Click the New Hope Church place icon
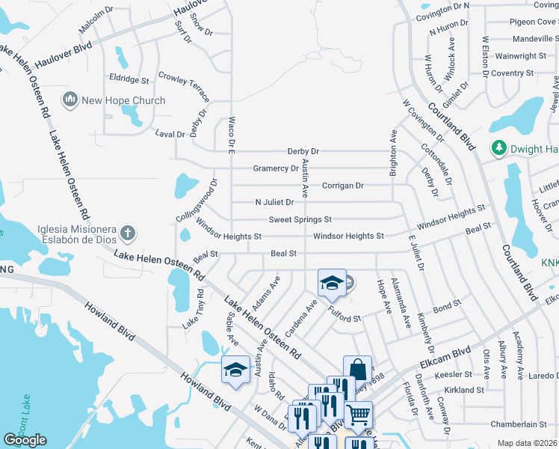pyautogui.click(x=71, y=100)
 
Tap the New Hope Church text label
pyautogui.click(x=123, y=100)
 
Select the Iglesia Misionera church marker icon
pyautogui.click(x=128, y=233)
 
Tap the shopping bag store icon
pyautogui.click(x=357, y=370)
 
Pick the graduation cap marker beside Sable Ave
pyautogui.click(x=235, y=370)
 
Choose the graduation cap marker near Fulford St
pyautogui.click(x=332, y=283)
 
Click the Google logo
pyautogui.click(x=25, y=440)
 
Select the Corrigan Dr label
pyautogui.click(x=342, y=185)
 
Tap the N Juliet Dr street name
pyautogui.click(x=274, y=202)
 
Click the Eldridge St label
pyautogui.click(x=129, y=79)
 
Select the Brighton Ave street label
pyautogui.click(x=392, y=153)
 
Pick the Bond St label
pyautogui.click(x=447, y=307)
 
